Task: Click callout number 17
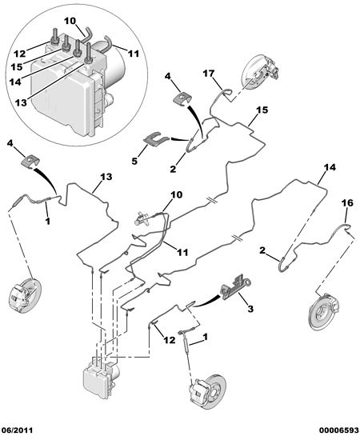209,74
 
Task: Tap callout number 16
348,203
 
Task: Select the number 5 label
134,161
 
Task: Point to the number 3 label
250,309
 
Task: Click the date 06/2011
17,430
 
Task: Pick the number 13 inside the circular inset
21,102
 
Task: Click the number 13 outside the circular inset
106,177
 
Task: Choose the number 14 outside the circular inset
330,167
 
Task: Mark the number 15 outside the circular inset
262,110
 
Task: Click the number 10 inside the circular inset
70,21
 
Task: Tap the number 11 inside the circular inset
134,54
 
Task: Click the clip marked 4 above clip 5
182,98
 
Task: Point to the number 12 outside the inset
170,340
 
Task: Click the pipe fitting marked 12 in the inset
54,38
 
